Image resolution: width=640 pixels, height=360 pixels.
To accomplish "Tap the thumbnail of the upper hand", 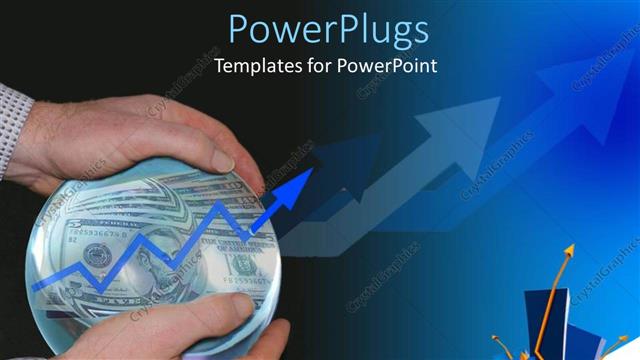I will click(x=223, y=160).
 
